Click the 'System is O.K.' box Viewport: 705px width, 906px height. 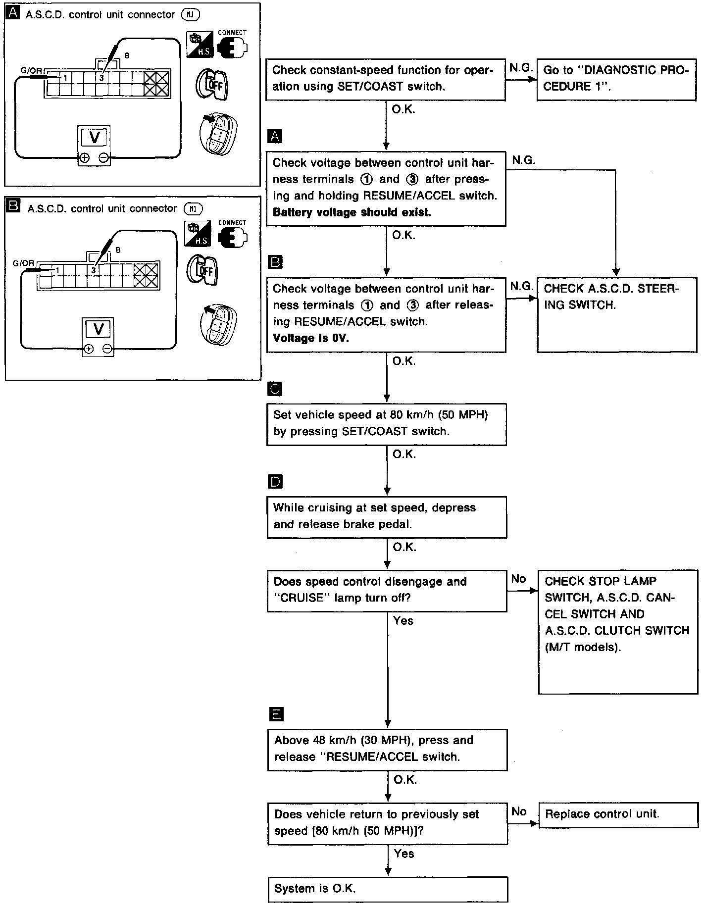(388, 889)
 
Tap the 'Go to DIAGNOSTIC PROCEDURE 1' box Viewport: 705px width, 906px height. (616, 78)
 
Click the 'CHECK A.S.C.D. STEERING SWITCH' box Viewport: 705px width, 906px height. (617, 315)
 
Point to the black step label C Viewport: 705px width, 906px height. (274, 389)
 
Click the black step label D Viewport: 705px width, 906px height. (274, 482)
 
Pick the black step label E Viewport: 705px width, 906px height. (275, 713)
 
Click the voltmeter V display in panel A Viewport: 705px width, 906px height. (94, 137)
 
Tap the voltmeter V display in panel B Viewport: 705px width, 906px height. (98, 329)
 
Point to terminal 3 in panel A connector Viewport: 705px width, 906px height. (101, 78)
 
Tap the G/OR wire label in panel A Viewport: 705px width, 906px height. (31, 70)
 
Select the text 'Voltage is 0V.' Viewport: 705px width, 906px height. (311, 339)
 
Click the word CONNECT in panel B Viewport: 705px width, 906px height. (232, 223)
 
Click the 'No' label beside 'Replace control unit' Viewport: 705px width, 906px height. (518, 811)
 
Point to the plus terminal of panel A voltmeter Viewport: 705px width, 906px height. (84, 158)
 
